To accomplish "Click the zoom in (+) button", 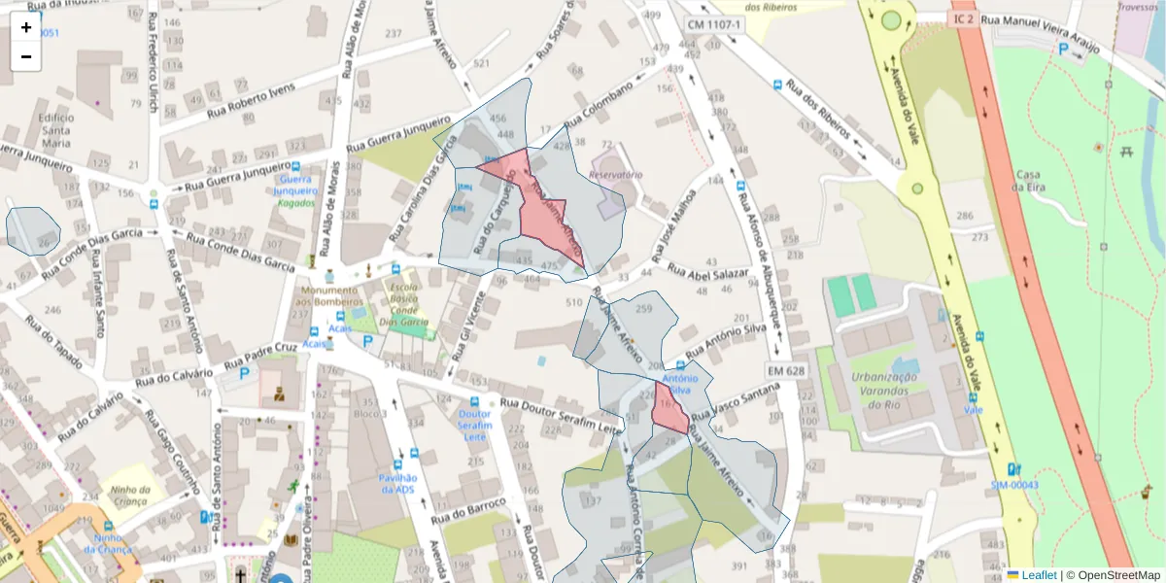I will pos(26,27).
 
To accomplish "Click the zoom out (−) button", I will pos(26,56).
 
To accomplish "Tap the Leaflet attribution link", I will pos(1038,575).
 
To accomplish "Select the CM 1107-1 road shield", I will pos(713,23).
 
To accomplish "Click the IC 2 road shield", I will pos(963,18).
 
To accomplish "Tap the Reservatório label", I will pos(615,175).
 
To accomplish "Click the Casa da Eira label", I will pos(1029,181).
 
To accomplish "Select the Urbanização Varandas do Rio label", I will pos(884,391).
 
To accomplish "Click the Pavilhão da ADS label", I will pos(396,483).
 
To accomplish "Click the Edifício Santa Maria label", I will pos(56,130).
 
